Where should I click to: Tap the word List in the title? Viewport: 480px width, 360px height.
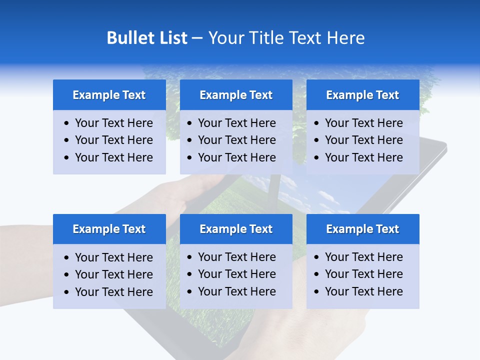171,38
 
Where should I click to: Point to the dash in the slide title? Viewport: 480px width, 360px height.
197,38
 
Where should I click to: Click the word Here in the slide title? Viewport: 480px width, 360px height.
345,38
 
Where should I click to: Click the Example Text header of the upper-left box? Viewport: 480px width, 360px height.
109,95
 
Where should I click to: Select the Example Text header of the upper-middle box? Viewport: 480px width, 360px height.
236,95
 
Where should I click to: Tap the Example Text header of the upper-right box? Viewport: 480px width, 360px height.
362,95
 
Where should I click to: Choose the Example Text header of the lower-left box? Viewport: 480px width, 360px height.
109,229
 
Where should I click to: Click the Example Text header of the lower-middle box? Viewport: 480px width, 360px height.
236,229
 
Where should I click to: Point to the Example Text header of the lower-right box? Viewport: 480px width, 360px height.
362,229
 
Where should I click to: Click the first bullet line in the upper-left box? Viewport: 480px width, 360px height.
113,123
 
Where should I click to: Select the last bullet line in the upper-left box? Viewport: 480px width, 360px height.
113,157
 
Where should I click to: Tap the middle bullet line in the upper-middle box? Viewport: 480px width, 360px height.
236,140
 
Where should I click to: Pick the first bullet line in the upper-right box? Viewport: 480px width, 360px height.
363,123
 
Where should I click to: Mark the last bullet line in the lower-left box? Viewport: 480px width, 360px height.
113,292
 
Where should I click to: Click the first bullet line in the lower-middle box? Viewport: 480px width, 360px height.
236,257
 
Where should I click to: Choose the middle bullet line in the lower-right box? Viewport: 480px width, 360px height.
363,274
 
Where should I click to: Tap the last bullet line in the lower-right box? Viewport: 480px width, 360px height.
363,291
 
